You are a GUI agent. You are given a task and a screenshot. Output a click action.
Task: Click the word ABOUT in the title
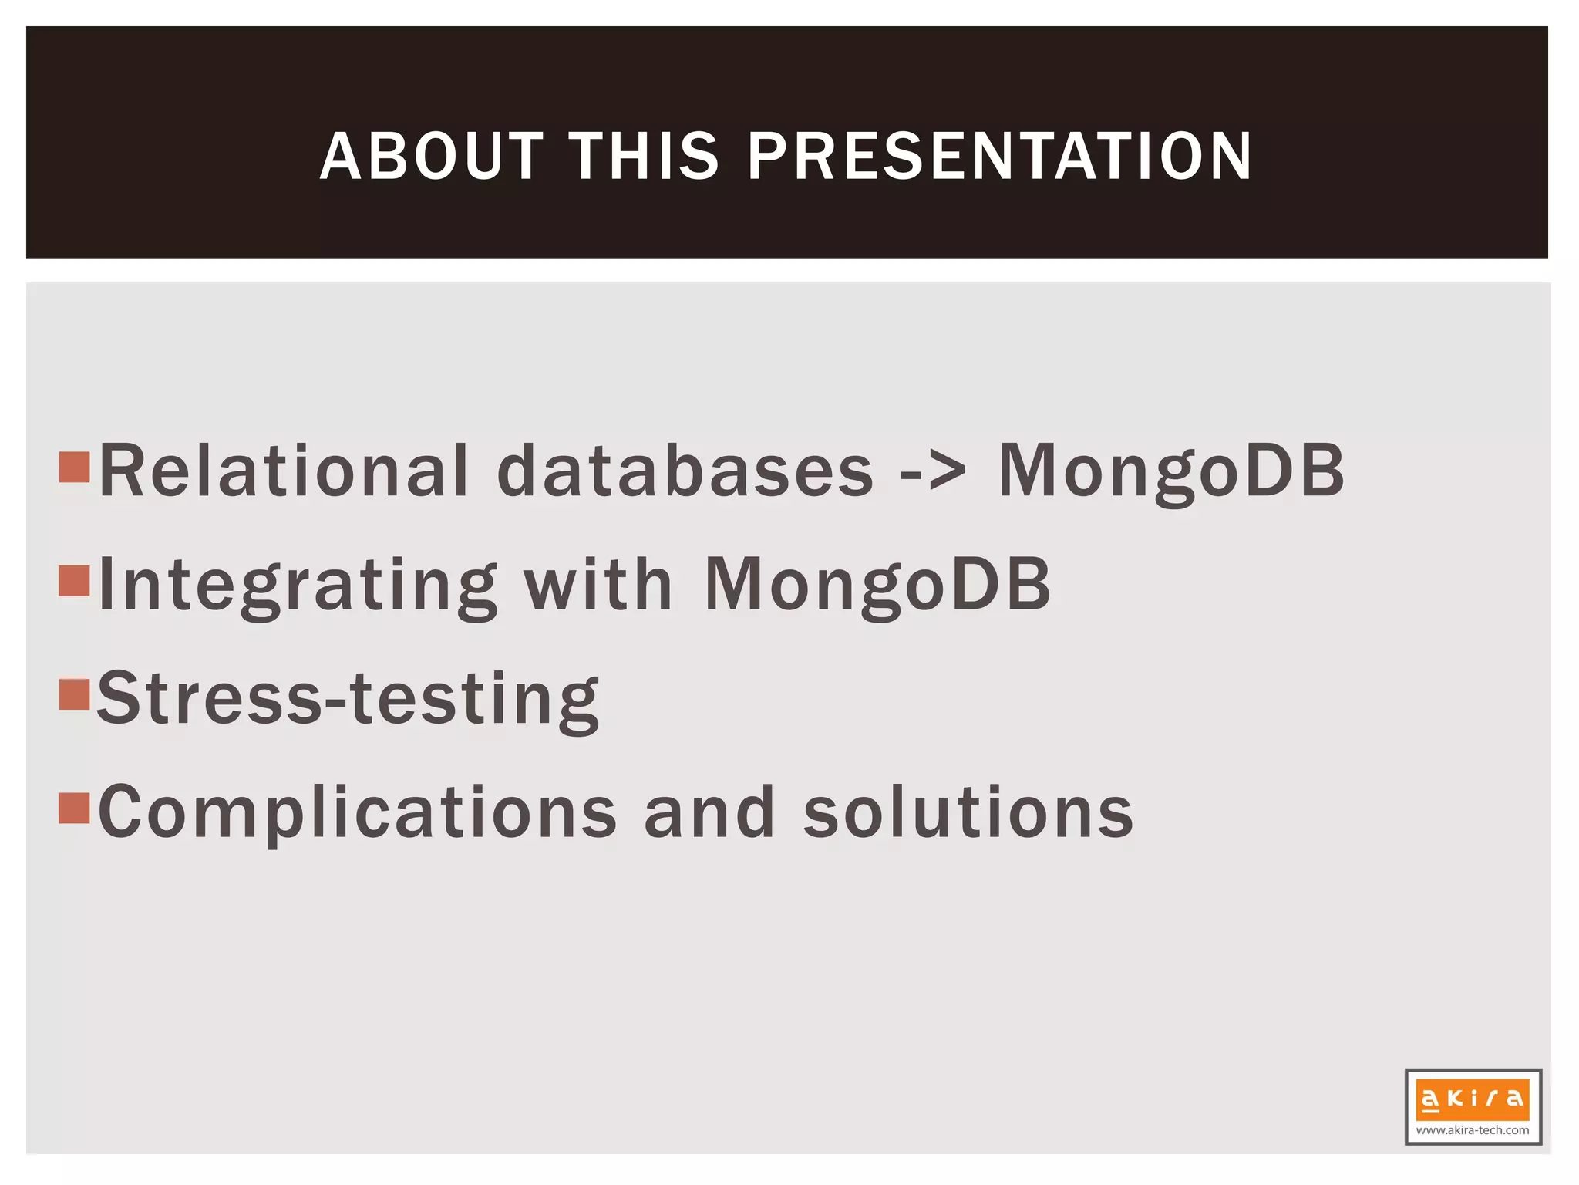tap(432, 157)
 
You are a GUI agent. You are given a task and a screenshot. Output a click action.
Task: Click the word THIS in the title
tap(644, 157)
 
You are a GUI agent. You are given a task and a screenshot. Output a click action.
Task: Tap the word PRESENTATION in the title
tap(1000, 157)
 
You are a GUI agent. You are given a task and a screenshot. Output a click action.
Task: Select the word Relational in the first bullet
tap(284, 471)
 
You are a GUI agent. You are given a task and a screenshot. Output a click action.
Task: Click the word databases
tap(685, 471)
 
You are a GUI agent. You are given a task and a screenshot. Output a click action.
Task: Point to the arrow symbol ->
tap(933, 471)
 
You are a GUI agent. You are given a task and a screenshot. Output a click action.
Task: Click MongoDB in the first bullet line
tap(1171, 471)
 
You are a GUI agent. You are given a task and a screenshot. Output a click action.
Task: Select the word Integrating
tap(298, 586)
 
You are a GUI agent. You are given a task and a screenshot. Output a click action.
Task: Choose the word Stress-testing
tap(348, 699)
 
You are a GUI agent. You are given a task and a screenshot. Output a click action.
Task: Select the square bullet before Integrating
tap(75, 580)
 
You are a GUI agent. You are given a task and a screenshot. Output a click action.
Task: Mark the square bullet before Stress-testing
tap(75, 694)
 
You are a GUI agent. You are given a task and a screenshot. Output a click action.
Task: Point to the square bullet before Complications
tap(75, 808)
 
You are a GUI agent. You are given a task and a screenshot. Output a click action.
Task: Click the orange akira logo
tap(1473, 1099)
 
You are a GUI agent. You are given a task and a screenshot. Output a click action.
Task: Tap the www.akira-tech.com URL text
tap(1473, 1130)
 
